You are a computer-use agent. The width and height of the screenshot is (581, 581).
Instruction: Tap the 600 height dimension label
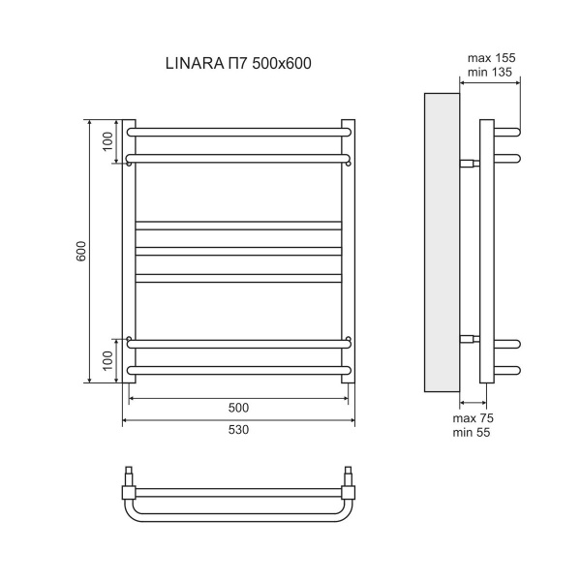82,251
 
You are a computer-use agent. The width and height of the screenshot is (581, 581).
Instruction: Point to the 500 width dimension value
238,407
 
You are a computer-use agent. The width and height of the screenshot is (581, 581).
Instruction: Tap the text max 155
491,58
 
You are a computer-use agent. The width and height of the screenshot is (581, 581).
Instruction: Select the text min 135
491,73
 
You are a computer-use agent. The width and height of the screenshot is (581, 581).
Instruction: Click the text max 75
474,417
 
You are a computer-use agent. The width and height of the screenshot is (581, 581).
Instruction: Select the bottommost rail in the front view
238,371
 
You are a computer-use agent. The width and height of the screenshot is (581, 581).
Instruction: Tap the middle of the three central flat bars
238,252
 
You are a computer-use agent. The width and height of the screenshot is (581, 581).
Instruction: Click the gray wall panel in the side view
443,242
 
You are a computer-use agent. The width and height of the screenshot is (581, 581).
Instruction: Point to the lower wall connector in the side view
469,338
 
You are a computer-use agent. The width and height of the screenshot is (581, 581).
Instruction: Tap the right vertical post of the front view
350,257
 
